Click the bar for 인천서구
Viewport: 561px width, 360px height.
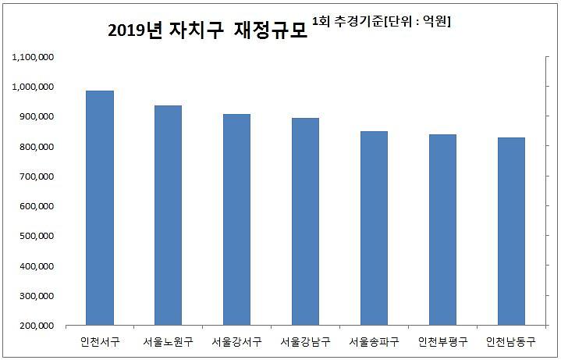(x=100, y=208)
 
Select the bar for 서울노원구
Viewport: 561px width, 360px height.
(x=168, y=216)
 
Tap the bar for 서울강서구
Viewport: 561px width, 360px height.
(x=236, y=219)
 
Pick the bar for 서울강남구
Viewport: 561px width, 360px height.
(x=305, y=222)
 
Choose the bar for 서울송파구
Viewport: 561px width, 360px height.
(x=374, y=228)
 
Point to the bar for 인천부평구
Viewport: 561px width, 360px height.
(x=442, y=230)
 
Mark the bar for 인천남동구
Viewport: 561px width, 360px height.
(x=511, y=231)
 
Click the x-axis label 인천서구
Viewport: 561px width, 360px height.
(x=100, y=341)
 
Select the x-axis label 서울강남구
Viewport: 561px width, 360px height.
(x=305, y=341)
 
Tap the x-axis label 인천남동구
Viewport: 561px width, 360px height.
(x=511, y=341)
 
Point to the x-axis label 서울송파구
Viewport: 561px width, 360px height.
(x=374, y=341)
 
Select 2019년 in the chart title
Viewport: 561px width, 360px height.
(x=133, y=30)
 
